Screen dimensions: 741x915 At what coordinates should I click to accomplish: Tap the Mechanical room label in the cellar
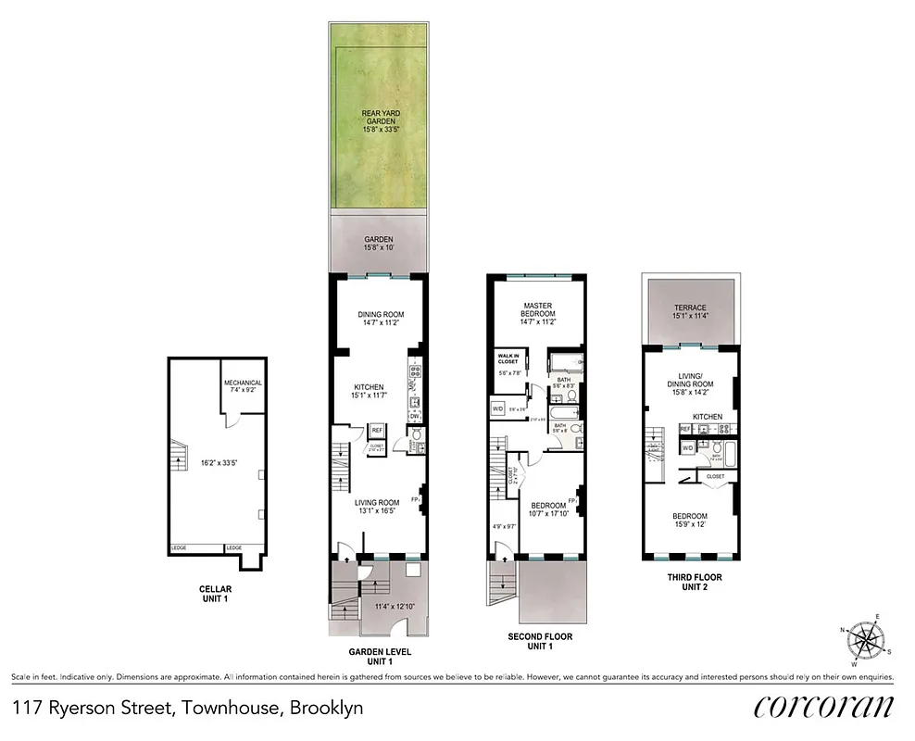(243, 383)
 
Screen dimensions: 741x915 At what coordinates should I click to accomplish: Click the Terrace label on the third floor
(689, 308)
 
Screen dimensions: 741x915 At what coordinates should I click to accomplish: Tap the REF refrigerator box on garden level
(377, 430)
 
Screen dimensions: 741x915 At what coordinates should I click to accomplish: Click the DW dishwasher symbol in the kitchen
(415, 417)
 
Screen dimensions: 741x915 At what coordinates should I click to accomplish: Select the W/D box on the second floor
(497, 408)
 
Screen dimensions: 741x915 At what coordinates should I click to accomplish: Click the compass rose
(869, 640)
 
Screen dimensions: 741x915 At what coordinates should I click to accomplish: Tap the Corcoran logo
(823, 706)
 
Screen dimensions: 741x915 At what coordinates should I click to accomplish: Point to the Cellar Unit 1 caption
(216, 594)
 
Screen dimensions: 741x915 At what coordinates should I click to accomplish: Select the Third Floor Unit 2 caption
(695, 582)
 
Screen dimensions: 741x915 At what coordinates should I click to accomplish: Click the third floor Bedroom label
(689, 516)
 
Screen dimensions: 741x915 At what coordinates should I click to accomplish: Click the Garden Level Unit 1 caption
(378, 656)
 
